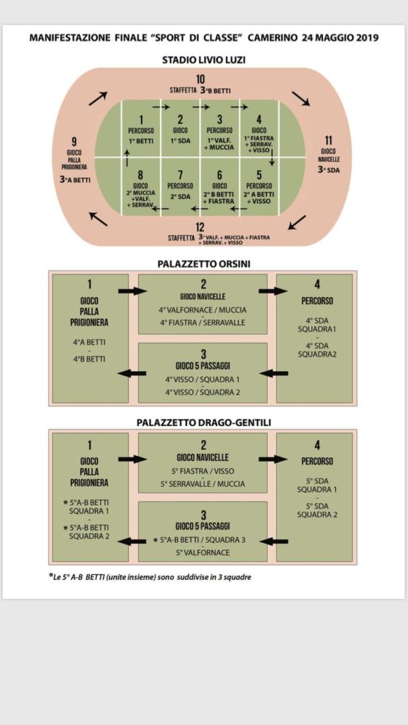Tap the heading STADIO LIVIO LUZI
coord(203,60)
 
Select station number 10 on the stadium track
coord(200,79)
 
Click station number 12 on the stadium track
coord(200,227)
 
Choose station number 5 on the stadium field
coord(259,176)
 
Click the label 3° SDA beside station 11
coord(329,170)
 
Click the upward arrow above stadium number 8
coord(127,157)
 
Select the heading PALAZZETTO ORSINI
coord(203,264)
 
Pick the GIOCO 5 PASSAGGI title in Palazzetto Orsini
coord(203,366)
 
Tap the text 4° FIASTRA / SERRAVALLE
coord(203,323)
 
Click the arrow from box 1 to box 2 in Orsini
coord(132,291)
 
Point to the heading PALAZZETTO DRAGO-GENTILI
coord(203,423)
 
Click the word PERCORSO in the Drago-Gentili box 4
coord(317,462)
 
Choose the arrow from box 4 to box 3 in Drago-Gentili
coord(274,541)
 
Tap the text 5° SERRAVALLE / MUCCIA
coord(203,484)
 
